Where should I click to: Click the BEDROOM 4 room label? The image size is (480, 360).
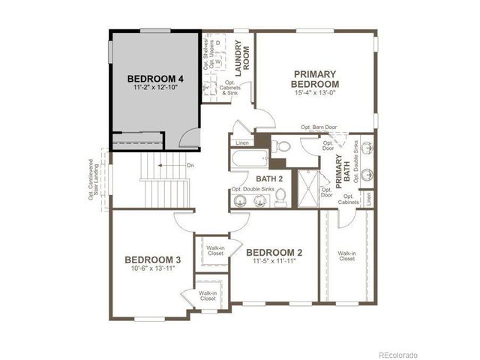tap(155, 79)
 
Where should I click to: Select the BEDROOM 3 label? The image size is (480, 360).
tap(152, 260)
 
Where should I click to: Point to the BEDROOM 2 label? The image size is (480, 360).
tap(274, 253)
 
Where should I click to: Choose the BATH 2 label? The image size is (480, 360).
tap(268, 178)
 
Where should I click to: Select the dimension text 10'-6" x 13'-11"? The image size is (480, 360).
tap(152, 269)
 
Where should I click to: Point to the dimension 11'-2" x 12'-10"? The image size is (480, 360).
tap(155, 88)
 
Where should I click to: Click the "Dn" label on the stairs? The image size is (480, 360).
tap(170, 166)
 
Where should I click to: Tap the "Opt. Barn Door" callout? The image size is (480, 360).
tap(319, 128)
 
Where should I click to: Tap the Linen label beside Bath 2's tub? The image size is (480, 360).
tap(241, 142)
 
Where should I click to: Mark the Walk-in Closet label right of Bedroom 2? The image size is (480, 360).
tap(346, 256)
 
